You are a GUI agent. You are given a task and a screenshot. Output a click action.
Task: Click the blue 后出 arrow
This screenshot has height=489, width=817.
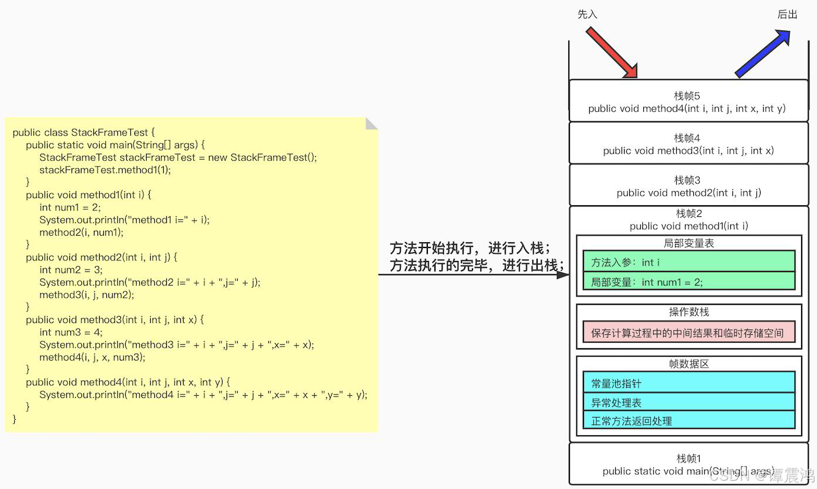[762, 54]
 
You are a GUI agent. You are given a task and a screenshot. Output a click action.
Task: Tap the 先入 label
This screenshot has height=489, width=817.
[587, 14]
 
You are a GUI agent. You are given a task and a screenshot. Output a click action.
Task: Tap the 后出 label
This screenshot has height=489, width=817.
[787, 14]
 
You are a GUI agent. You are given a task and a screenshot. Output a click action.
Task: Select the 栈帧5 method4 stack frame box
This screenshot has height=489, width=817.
[688, 101]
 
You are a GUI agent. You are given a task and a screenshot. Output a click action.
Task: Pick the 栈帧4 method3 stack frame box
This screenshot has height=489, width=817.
[688, 144]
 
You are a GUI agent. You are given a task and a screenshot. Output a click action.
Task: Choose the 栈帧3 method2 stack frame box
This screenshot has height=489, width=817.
[688, 186]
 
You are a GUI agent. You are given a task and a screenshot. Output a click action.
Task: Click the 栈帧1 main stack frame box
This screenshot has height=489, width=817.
[688, 464]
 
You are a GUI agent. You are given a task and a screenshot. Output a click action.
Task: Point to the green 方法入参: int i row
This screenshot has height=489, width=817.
[688, 262]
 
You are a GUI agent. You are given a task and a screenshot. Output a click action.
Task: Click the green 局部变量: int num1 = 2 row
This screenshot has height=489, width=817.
[688, 281]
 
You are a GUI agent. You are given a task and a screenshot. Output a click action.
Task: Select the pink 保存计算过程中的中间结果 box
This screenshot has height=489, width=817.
[688, 332]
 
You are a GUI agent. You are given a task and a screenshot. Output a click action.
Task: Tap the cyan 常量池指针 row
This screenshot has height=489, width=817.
[688, 383]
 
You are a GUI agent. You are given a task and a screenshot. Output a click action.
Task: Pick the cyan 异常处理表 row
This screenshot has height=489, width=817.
[688, 402]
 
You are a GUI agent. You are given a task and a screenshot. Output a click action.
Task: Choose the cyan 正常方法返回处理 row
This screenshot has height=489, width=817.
[688, 420]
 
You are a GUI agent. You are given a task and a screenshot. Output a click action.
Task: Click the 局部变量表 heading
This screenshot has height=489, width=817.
[688, 243]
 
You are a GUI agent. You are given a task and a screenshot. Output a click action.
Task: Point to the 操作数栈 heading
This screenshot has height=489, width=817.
[688, 312]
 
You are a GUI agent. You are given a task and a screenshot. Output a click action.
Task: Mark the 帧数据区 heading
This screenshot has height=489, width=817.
[688, 364]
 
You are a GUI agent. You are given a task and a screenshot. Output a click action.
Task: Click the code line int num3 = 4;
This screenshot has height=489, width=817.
[71, 332]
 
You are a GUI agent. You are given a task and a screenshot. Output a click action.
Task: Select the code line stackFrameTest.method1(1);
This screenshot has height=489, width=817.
[105, 170]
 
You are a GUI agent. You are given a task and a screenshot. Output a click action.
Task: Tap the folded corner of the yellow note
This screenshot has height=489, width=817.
[370, 124]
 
